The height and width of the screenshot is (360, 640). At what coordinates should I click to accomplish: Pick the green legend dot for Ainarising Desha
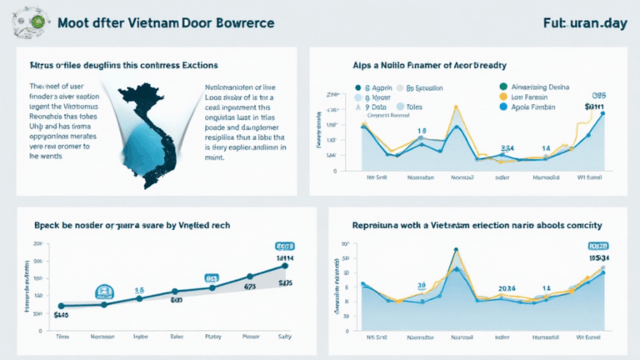tap(502, 85)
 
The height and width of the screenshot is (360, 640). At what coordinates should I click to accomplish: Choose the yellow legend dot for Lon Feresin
tap(502, 96)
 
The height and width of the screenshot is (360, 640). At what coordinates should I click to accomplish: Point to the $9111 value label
tap(594, 107)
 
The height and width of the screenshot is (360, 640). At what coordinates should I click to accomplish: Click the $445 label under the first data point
tap(60, 316)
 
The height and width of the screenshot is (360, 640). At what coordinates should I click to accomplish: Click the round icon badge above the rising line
tap(105, 291)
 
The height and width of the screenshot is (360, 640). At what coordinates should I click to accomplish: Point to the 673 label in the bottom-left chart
tap(249, 287)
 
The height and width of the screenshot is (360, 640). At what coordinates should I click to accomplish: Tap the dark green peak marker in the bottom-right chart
tap(456, 249)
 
